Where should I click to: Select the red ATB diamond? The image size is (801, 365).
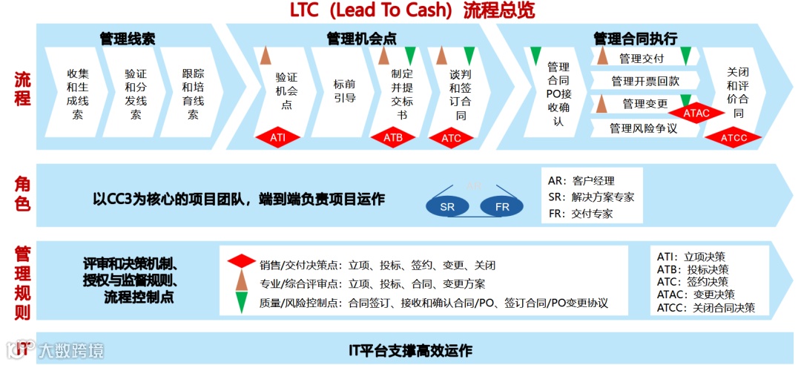pos(393,137)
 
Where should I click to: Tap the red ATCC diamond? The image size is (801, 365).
pos(733,137)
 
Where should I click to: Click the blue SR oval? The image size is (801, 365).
pos(447,207)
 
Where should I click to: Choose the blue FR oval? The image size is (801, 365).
pos(502,207)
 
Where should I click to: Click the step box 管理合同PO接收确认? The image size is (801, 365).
pos(558,94)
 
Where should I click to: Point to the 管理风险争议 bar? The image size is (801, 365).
pos(644,128)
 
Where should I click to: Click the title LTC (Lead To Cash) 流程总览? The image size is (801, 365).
pos(412,10)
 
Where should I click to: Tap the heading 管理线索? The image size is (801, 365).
pos(127,39)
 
